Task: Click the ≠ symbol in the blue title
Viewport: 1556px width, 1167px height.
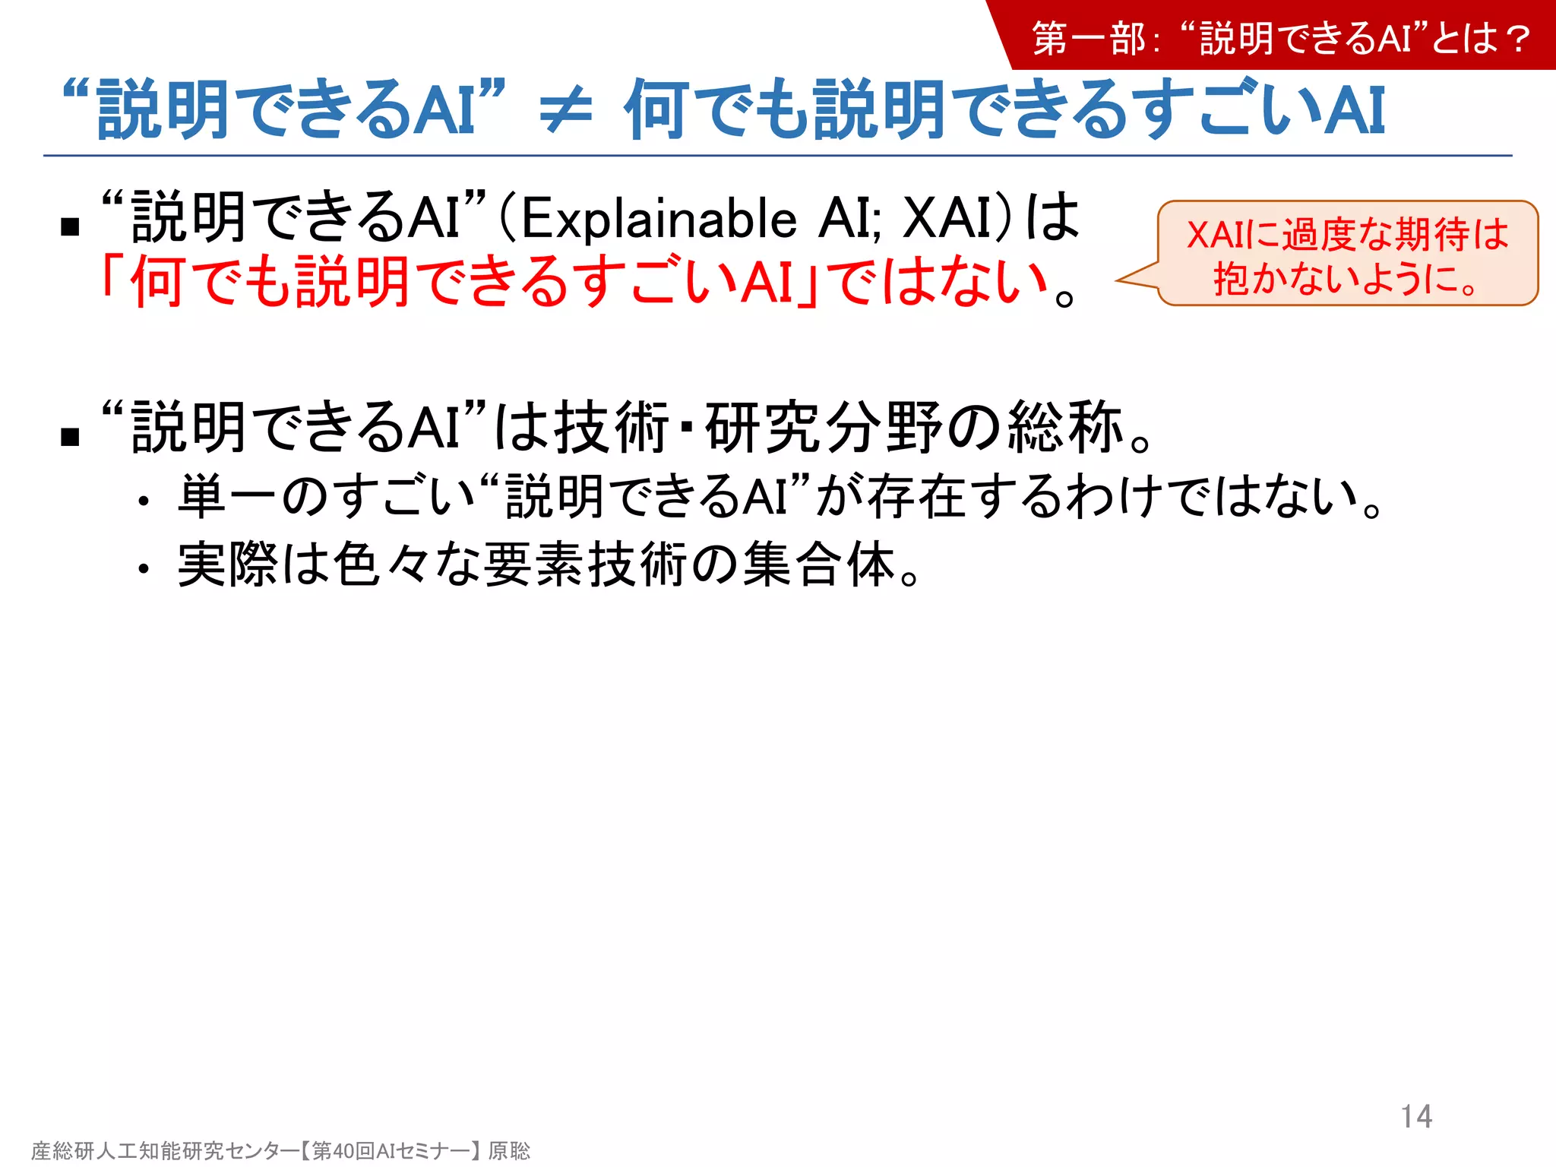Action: coord(565,111)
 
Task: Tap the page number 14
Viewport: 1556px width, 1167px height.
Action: coord(1416,1116)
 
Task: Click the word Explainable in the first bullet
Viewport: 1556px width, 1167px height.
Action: coord(659,219)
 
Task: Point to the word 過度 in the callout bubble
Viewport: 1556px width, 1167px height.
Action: coord(1319,235)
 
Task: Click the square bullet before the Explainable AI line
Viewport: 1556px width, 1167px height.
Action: coord(70,226)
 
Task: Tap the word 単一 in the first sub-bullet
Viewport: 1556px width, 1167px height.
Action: coord(227,497)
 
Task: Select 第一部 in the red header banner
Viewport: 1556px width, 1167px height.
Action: coord(1088,39)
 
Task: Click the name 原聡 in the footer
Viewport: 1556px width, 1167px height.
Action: coord(509,1150)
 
